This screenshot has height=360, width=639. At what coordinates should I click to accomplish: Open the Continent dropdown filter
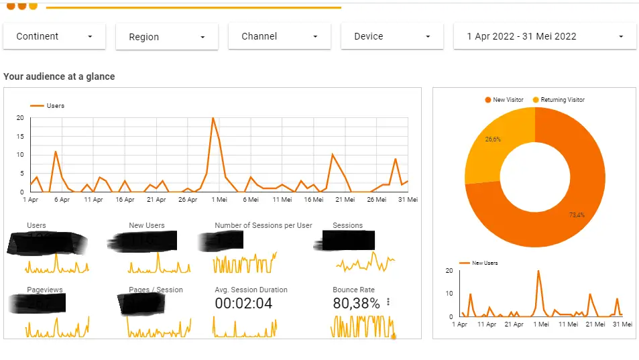tap(54, 37)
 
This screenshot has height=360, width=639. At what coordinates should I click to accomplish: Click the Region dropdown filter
tap(167, 38)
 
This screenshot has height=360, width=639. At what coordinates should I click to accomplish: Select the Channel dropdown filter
tap(280, 37)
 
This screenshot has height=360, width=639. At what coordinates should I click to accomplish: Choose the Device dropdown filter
tap(392, 37)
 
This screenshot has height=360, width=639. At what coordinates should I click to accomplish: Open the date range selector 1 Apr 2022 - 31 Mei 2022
tap(545, 37)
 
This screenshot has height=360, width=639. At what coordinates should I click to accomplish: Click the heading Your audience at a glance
tap(59, 76)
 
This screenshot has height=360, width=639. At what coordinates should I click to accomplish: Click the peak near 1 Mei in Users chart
tap(213, 119)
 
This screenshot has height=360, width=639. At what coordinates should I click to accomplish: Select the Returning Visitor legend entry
tap(558, 100)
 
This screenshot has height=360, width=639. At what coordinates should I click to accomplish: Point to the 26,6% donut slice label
tap(492, 139)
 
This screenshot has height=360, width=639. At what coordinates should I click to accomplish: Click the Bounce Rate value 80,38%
tap(356, 304)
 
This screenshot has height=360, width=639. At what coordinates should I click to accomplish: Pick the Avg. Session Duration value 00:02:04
tap(243, 304)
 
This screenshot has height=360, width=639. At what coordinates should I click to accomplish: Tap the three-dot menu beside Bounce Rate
tap(388, 302)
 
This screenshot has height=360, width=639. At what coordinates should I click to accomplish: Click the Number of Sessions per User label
tap(264, 226)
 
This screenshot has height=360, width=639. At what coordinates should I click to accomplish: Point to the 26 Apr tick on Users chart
tap(187, 200)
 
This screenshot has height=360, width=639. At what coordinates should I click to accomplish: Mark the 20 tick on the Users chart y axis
tap(20, 118)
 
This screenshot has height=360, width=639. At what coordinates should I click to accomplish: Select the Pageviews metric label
tap(45, 290)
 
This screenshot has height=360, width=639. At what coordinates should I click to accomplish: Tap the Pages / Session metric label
tap(156, 290)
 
